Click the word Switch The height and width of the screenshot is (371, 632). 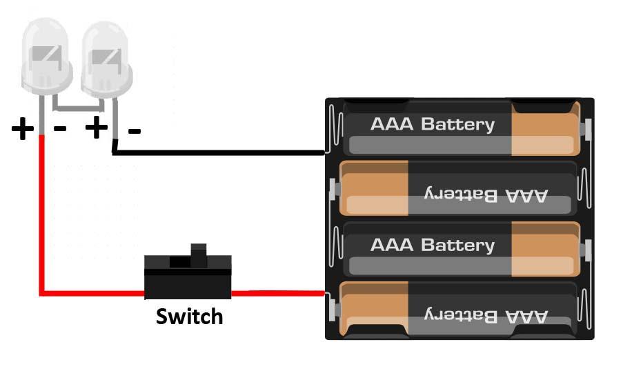189,317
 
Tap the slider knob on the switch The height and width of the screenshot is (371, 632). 199,254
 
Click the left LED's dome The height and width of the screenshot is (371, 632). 46,55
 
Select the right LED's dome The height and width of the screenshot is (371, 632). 106,55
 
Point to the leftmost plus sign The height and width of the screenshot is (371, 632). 23,129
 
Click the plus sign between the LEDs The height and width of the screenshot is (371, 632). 97,128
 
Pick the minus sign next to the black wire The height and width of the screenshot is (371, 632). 135,130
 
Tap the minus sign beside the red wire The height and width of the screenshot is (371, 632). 60,129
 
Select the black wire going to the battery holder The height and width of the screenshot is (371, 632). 221,152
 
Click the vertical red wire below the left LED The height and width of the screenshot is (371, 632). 42,214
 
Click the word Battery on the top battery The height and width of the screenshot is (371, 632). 457,125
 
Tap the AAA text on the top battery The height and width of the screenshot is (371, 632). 393,125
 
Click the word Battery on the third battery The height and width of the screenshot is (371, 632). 457,245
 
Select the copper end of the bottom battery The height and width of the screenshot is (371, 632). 373,310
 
